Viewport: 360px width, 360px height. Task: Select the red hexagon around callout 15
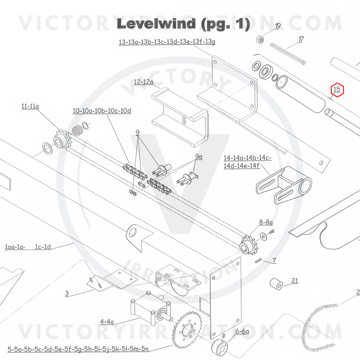337,90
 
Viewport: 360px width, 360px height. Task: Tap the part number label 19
278,26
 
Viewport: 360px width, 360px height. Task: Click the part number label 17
301,39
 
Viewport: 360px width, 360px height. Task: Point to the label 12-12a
143,82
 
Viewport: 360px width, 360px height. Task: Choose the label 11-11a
30,106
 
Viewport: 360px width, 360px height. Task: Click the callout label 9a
199,157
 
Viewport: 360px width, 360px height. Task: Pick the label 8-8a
266,222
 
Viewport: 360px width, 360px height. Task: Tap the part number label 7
274,261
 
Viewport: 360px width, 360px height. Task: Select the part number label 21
295,280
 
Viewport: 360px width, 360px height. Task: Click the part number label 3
67,293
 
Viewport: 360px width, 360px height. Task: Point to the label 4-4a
107,321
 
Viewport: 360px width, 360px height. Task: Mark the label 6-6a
242,331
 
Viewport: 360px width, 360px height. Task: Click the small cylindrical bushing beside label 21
277,284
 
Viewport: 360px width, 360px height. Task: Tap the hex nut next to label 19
261,39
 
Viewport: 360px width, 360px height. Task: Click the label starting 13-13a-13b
167,43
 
